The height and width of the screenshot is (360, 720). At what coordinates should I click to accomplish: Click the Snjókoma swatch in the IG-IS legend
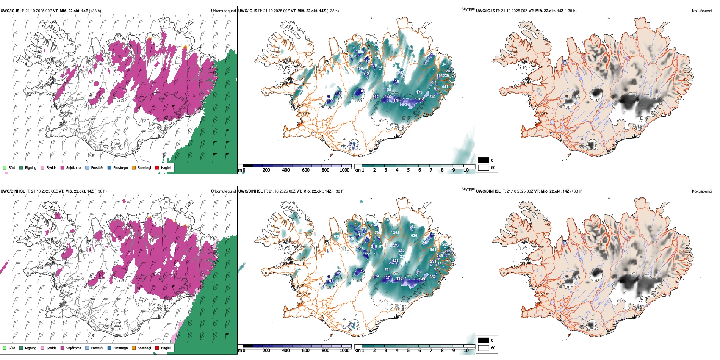coord(62,167)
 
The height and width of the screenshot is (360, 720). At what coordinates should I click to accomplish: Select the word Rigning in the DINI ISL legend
coord(31,348)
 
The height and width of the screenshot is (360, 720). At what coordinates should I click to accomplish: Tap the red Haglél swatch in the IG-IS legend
coord(157,167)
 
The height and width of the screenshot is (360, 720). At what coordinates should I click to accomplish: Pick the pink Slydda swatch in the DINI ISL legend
coord(42,348)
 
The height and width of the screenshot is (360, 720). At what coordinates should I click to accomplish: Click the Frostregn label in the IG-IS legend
coord(121,167)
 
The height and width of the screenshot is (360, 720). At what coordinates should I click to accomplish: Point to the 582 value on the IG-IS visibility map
coord(299,89)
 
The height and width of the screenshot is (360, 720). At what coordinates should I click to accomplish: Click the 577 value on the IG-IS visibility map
coord(446,64)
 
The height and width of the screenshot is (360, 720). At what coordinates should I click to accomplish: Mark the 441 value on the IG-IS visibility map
coord(445,87)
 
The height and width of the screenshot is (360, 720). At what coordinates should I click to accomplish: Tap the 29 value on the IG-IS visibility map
coord(352,145)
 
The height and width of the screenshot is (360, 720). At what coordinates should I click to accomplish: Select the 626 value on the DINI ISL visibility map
coord(414,236)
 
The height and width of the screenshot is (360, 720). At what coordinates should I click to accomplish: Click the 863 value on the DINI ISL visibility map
coord(433,250)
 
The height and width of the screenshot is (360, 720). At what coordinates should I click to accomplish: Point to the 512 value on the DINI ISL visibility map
coord(413,227)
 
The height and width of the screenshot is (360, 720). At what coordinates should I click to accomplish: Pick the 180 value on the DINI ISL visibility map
coord(352,325)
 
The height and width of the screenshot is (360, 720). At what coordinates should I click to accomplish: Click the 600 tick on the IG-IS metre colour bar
coord(306,170)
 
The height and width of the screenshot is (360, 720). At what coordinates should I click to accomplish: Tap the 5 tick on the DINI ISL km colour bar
coord(408,351)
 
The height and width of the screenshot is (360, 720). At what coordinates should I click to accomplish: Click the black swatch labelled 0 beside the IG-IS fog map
coord(484,160)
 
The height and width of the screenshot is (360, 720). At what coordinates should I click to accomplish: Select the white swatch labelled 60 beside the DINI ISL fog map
coord(484,348)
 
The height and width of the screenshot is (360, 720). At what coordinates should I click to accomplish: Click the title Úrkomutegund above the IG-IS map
coord(223,11)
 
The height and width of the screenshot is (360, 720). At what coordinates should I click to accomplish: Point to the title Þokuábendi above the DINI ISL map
coord(702,191)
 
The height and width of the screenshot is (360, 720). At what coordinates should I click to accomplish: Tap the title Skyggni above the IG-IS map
coord(468,9)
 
